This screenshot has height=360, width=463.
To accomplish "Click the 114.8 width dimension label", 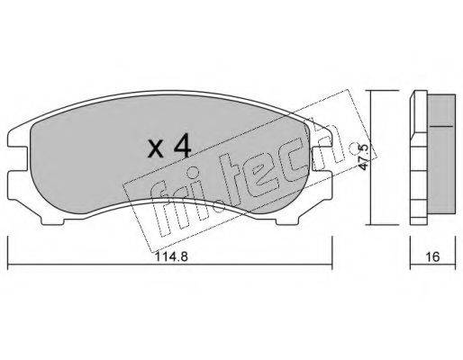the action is click(x=171, y=256).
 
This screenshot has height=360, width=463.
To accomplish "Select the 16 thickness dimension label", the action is click(x=433, y=256).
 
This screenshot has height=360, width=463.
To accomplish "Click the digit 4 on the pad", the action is click(x=182, y=146).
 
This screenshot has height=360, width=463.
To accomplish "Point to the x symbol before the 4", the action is click(x=156, y=149).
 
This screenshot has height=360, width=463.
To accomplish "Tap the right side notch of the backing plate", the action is click(x=322, y=159).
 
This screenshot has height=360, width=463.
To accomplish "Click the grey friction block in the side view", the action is click(x=441, y=154).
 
